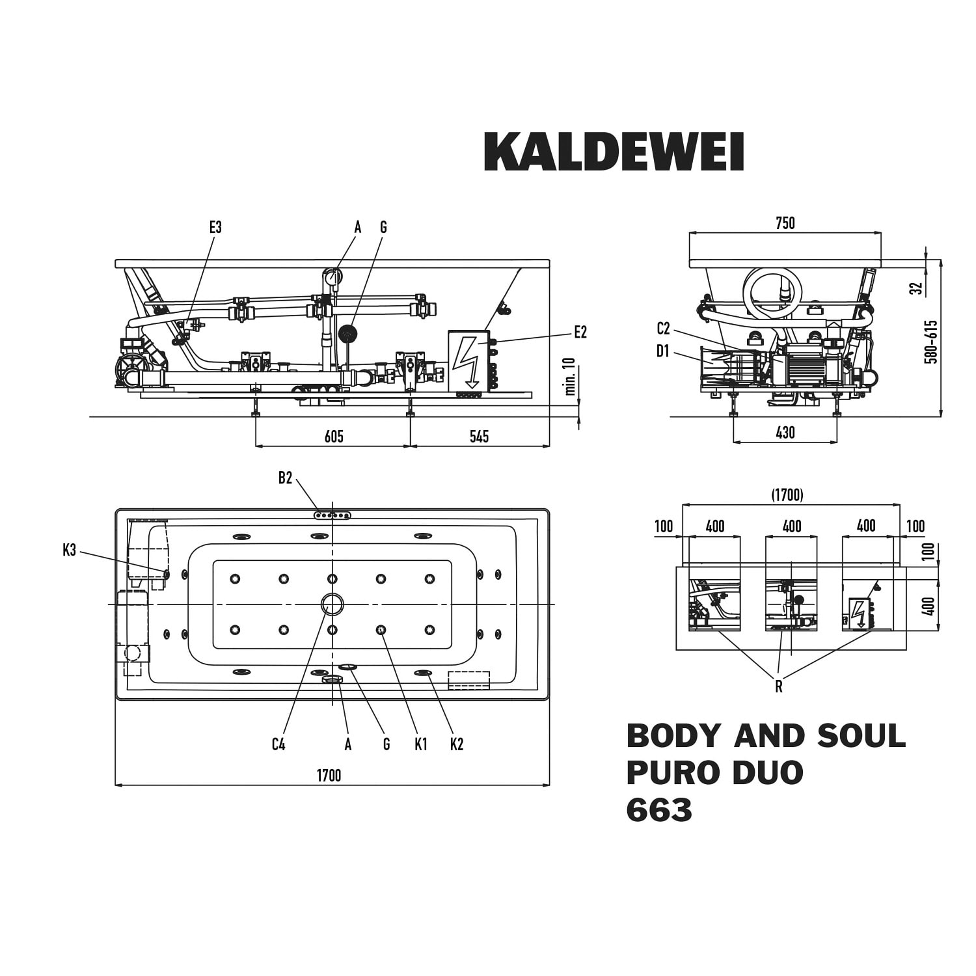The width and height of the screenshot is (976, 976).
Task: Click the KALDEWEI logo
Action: pos(614,152)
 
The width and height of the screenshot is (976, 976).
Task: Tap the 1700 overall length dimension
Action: pos(329,775)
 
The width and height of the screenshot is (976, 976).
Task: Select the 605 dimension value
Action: pos(334,436)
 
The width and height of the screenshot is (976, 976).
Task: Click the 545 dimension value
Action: pos(479,436)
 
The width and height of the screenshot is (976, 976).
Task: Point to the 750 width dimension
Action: pos(785,223)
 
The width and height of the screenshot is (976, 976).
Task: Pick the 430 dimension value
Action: pos(785,433)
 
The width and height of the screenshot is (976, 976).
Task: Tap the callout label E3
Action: pos(215,227)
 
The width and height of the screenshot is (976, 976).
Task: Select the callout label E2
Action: pos(580,332)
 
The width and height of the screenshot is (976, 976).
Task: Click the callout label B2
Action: pos(285,478)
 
